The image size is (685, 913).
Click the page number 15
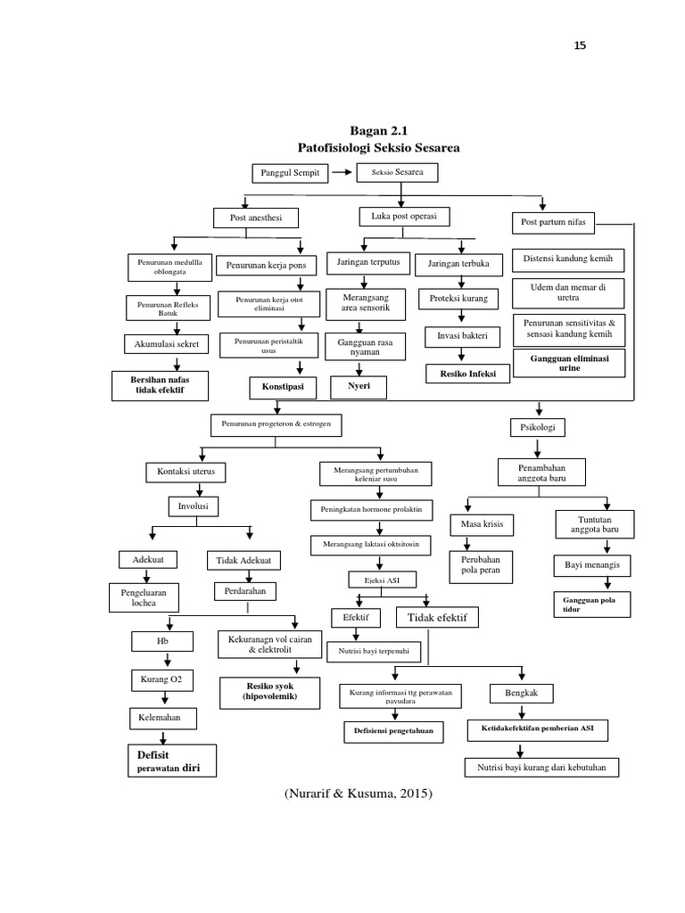[x=580, y=46]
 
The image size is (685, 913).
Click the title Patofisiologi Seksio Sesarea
[x=378, y=146]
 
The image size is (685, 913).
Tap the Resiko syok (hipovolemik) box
[x=270, y=690]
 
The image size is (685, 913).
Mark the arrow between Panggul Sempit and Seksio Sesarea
[x=340, y=173]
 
